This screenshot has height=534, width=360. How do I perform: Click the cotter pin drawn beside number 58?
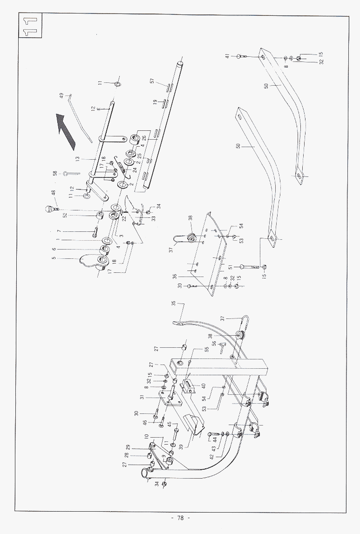click(x=70, y=174)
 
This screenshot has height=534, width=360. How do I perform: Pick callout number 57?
click(x=152, y=81)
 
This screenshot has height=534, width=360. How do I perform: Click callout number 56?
click(x=214, y=343)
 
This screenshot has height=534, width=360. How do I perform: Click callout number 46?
click(x=144, y=422)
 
